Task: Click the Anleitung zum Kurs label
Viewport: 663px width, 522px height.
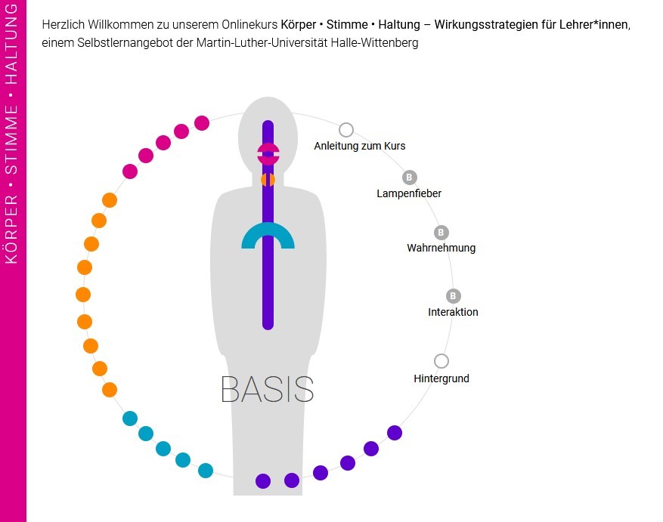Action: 360,146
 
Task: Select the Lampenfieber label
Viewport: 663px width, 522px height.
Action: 409,193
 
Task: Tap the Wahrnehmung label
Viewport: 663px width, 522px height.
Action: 441,248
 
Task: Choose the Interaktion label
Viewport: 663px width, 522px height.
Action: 453,312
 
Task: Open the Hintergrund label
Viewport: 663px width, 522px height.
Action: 441,378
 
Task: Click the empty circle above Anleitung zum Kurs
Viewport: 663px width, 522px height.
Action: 346,130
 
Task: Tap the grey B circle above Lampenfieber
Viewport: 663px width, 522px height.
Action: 410,178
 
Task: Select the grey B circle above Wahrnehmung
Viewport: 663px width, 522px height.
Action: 441,233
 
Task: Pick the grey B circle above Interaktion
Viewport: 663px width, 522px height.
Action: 454,296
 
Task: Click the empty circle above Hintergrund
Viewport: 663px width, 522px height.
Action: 441,361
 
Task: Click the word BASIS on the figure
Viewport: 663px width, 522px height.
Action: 267,389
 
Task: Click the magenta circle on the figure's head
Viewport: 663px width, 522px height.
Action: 268,154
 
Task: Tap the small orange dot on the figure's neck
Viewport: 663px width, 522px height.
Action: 268,180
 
